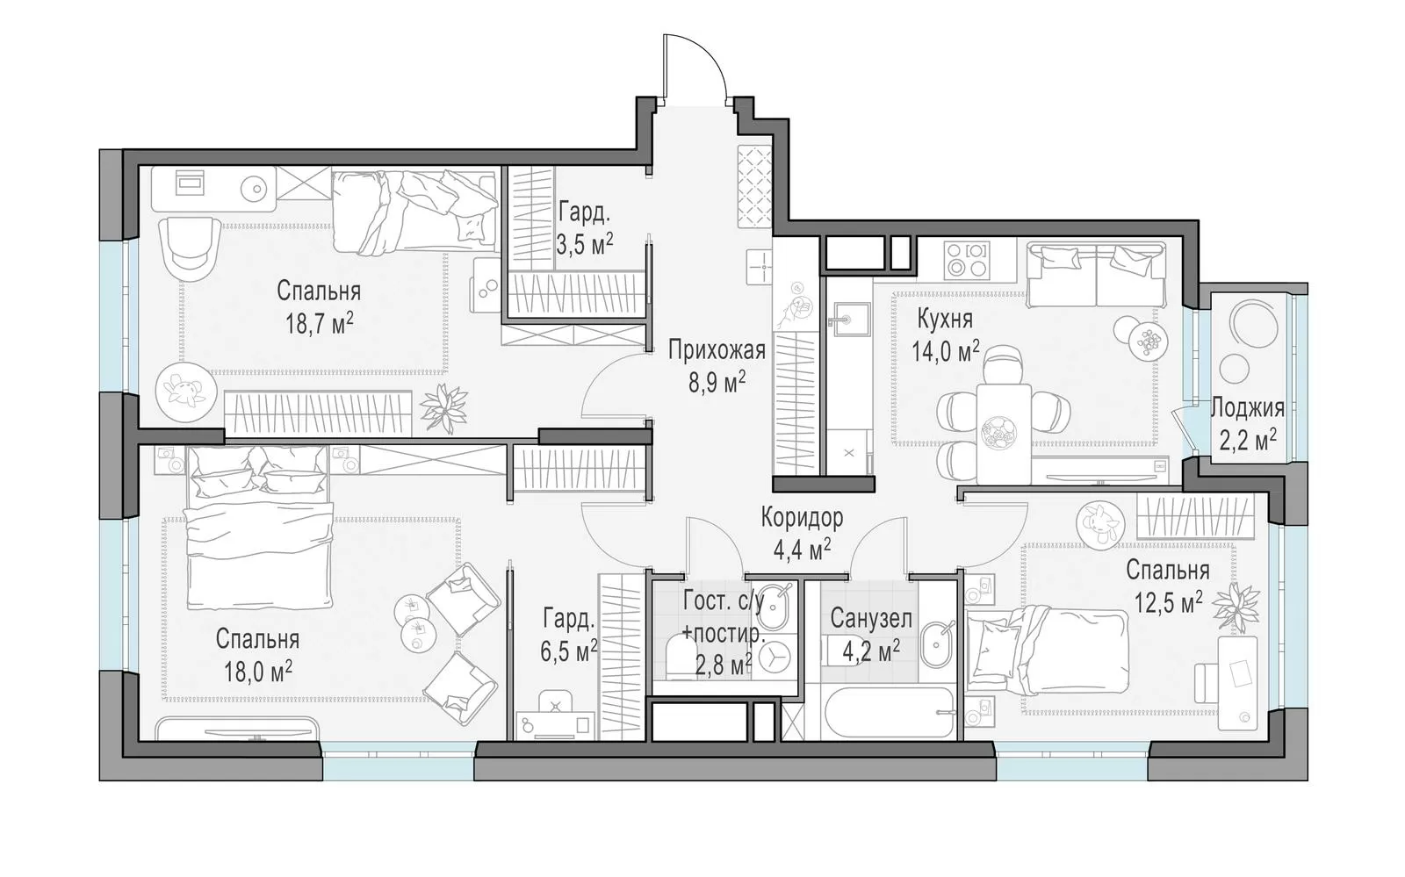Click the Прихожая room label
click(717, 350)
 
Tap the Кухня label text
click(945, 319)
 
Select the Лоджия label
click(1248, 408)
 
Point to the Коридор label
click(803, 518)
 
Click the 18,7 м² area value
click(320, 324)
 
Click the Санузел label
click(871, 619)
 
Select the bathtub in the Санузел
click(890, 714)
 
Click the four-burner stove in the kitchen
click(967, 259)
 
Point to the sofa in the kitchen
click(1096, 276)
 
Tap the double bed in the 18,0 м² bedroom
click(258, 527)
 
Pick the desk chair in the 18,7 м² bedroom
click(190, 249)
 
